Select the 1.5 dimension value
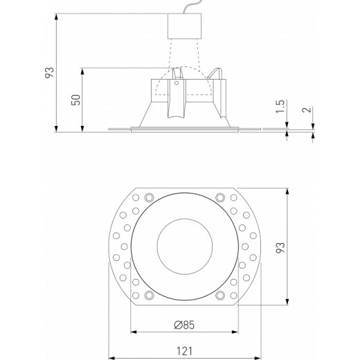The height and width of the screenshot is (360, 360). (x=280, y=107)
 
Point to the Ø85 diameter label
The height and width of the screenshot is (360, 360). (x=183, y=323)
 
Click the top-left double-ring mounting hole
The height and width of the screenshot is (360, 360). (x=147, y=196)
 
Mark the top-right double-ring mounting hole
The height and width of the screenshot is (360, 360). (x=220, y=196)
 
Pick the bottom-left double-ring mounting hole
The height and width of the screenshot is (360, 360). (x=147, y=296)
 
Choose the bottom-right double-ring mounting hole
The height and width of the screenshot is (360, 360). (x=220, y=296)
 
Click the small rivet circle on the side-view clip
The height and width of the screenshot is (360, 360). (x=177, y=84)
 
